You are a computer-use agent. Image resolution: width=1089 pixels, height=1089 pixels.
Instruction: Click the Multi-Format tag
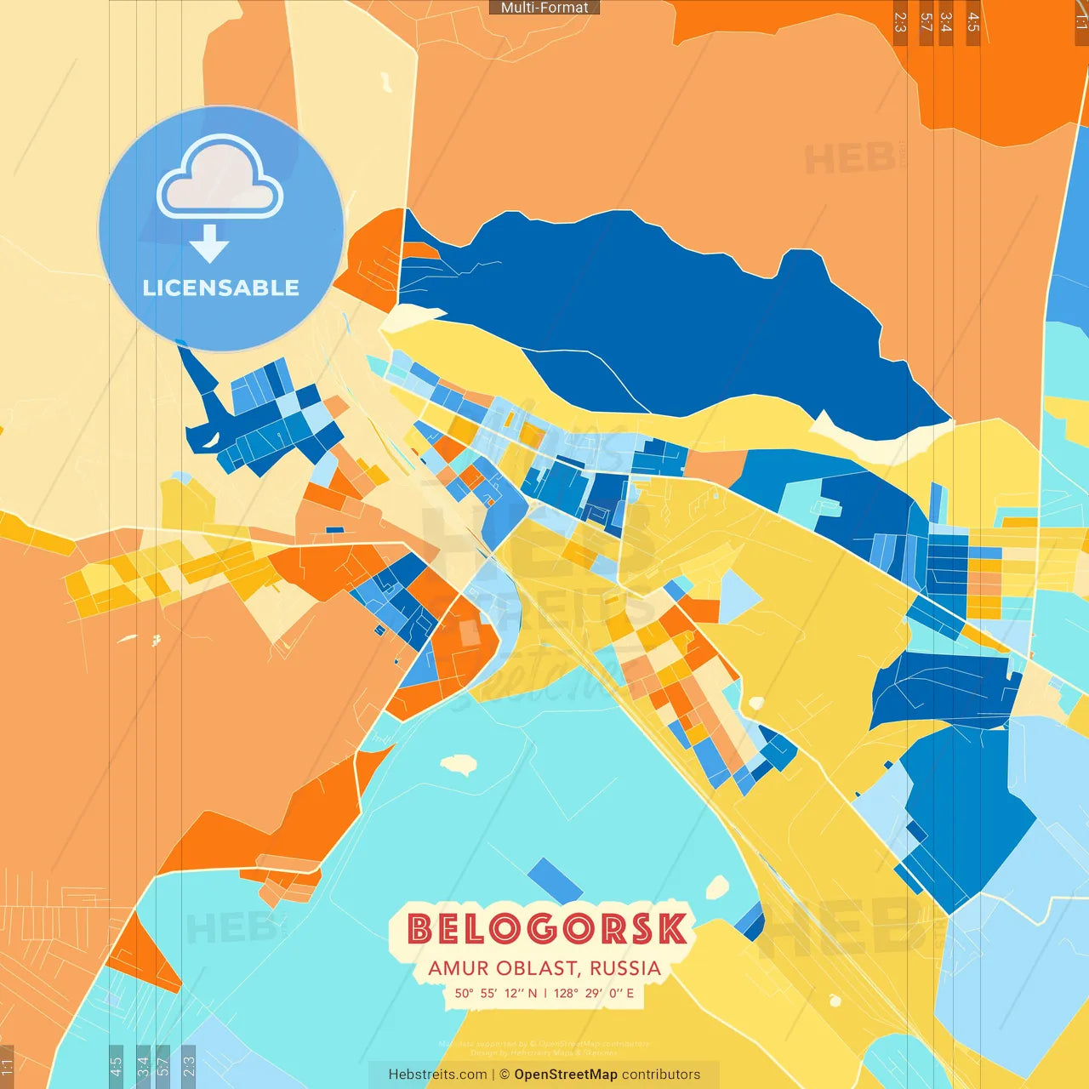pyautogui.click(x=544, y=8)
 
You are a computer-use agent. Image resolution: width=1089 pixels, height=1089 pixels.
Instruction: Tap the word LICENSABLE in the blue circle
pyautogui.click(x=221, y=288)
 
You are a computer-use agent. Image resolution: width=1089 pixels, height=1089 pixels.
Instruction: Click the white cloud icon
pyautogui.click(x=220, y=179)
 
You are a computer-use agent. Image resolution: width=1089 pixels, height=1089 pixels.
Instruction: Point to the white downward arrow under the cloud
pyautogui.click(x=209, y=244)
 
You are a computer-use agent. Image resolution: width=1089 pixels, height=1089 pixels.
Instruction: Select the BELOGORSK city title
pyautogui.click(x=546, y=929)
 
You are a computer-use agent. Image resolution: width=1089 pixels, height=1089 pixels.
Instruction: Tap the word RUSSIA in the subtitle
pyautogui.click(x=625, y=969)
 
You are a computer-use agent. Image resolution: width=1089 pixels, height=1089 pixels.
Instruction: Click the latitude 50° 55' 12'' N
pyautogui.click(x=496, y=993)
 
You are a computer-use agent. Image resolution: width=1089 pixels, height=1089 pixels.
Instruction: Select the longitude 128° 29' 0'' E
pyautogui.click(x=594, y=993)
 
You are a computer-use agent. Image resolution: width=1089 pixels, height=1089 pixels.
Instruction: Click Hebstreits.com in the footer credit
pyautogui.click(x=437, y=1075)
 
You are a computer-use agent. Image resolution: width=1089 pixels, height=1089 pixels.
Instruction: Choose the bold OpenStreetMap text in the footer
pyautogui.click(x=566, y=1075)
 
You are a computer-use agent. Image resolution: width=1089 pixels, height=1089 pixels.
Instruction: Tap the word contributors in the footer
pyautogui.click(x=661, y=1075)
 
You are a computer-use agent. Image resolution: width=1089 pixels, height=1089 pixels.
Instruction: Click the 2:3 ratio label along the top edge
pyautogui.click(x=900, y=22)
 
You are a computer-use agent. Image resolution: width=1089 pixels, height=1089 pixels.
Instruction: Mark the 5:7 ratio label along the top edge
pyautogui.click(x=926, y=22)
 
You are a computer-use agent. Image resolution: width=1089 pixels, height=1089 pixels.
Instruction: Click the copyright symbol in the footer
pyautogui.click(x=505, y=1075)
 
